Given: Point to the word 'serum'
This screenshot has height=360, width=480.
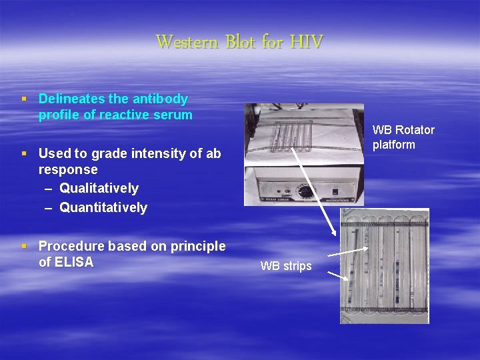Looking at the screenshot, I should [173, 115].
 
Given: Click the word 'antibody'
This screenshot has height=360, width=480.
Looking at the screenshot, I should [160, 99].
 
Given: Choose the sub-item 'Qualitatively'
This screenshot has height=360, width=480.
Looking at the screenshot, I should [99, 188].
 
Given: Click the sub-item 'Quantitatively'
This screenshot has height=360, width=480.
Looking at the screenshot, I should [103, 207].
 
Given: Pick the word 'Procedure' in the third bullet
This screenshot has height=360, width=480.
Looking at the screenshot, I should [69, 246].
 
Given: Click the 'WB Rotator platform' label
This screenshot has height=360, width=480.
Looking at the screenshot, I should [403, 137].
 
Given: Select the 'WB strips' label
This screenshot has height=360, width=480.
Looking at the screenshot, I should [286, 266].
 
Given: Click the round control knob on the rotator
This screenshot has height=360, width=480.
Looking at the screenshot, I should [305, 191].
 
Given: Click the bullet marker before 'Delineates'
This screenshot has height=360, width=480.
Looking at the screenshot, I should [24, 99].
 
